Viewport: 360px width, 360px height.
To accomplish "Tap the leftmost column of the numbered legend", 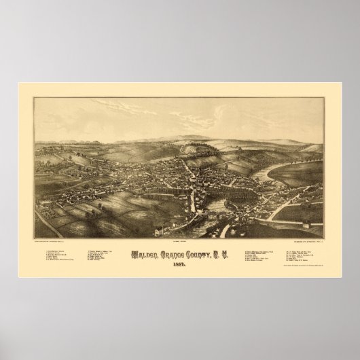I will click(x=50, y=255).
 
